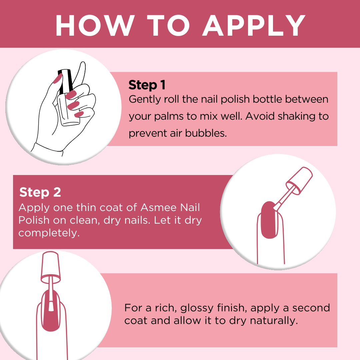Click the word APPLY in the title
pyautogui.click(x=254, y=25)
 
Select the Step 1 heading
pyautogui.click(x=147, y=85)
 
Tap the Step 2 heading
pyautogui.click(x=40, y=192)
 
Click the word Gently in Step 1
pyautogui.click(x=145, y=100)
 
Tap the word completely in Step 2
pyautogui.click(x=49, y=233)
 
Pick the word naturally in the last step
pyautogui.click(x=274, y=321)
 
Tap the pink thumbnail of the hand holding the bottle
pyautogui.click(x=57, y=79)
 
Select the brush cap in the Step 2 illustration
pyautogui.click(x=299, y=181)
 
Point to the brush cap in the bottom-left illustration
pyautogui.click(x=51, y=267)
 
